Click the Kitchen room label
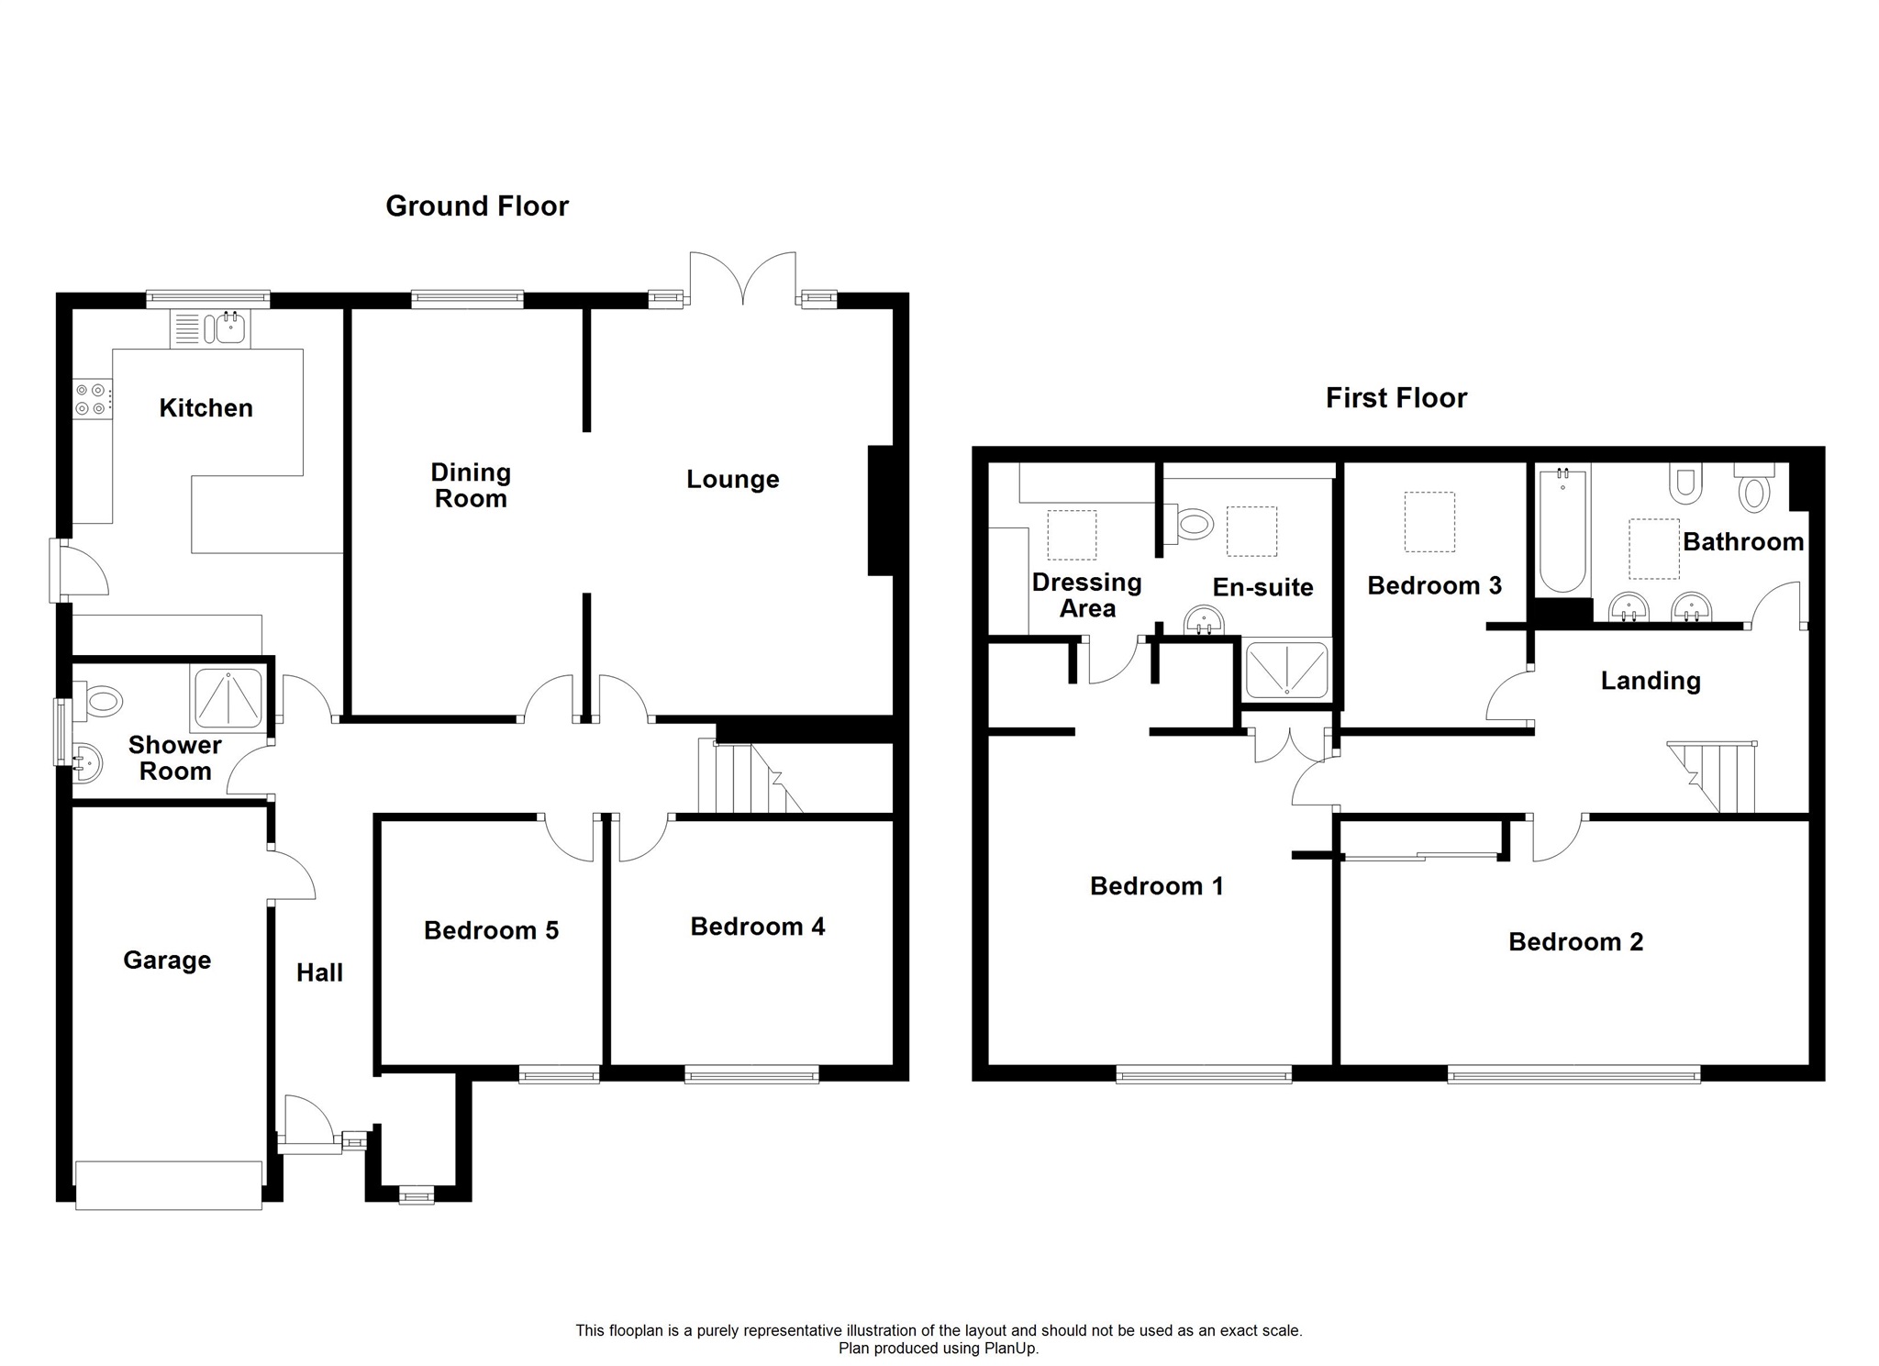point(206,408)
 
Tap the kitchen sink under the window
point(209,329)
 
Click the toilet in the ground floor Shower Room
point(98,703)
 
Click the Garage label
point(167,960)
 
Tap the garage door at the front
point(169,1184)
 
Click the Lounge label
point(733,479)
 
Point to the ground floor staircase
point(750,777)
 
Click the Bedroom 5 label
point(491,930)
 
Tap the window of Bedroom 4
point(751,1073)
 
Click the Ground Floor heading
point(477,205)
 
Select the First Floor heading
point(1396,397)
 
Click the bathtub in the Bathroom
point(1562,530)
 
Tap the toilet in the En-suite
point(1189,525)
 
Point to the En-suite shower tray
point(1285,668)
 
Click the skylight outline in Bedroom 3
point(1429,522)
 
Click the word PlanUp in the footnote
point(1011,1349)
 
